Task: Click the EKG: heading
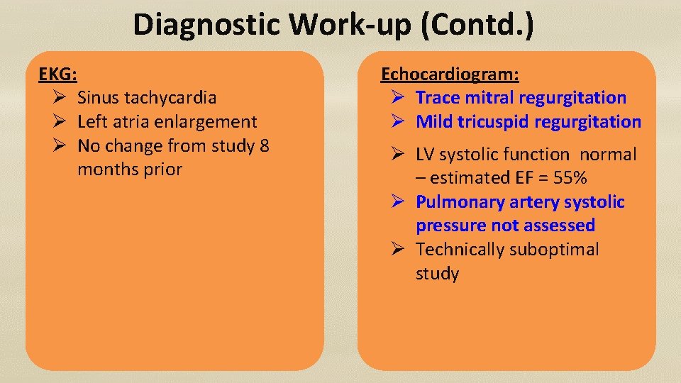click(58, 73)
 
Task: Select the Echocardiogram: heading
click(450, 74)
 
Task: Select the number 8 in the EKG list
click(264, 146)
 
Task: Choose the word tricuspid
click(494, 122)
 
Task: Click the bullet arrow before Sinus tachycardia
click(61, 98)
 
